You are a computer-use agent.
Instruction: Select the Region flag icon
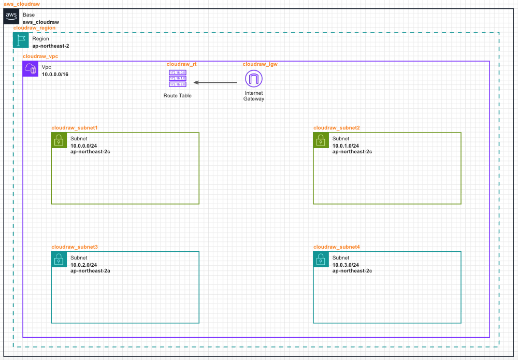click(21, 40)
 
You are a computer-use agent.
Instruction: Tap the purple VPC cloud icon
click(31, 69)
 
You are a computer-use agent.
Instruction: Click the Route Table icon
click(177, 78)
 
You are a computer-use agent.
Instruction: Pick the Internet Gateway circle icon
click(254, 79)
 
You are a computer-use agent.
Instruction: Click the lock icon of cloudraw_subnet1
click(59, 140)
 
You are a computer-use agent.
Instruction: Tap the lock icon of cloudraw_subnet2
click(321, 140)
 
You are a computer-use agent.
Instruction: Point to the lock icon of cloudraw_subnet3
click(59, 260)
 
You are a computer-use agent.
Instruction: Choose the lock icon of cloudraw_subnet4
click(321, 260)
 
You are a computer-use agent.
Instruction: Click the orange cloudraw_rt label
click(181, 64)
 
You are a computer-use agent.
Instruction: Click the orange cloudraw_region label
click(35, 28)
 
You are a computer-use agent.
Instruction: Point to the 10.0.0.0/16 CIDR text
click(55, 75)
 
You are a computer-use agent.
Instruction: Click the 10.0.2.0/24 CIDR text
click(84, 265)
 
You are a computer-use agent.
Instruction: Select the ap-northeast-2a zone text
click(90, 271)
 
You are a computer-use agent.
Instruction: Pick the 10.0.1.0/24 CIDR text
click(346, 146)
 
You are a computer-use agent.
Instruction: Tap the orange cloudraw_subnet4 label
click(337, 247)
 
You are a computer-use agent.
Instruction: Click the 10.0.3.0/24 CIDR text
click(346, 265)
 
